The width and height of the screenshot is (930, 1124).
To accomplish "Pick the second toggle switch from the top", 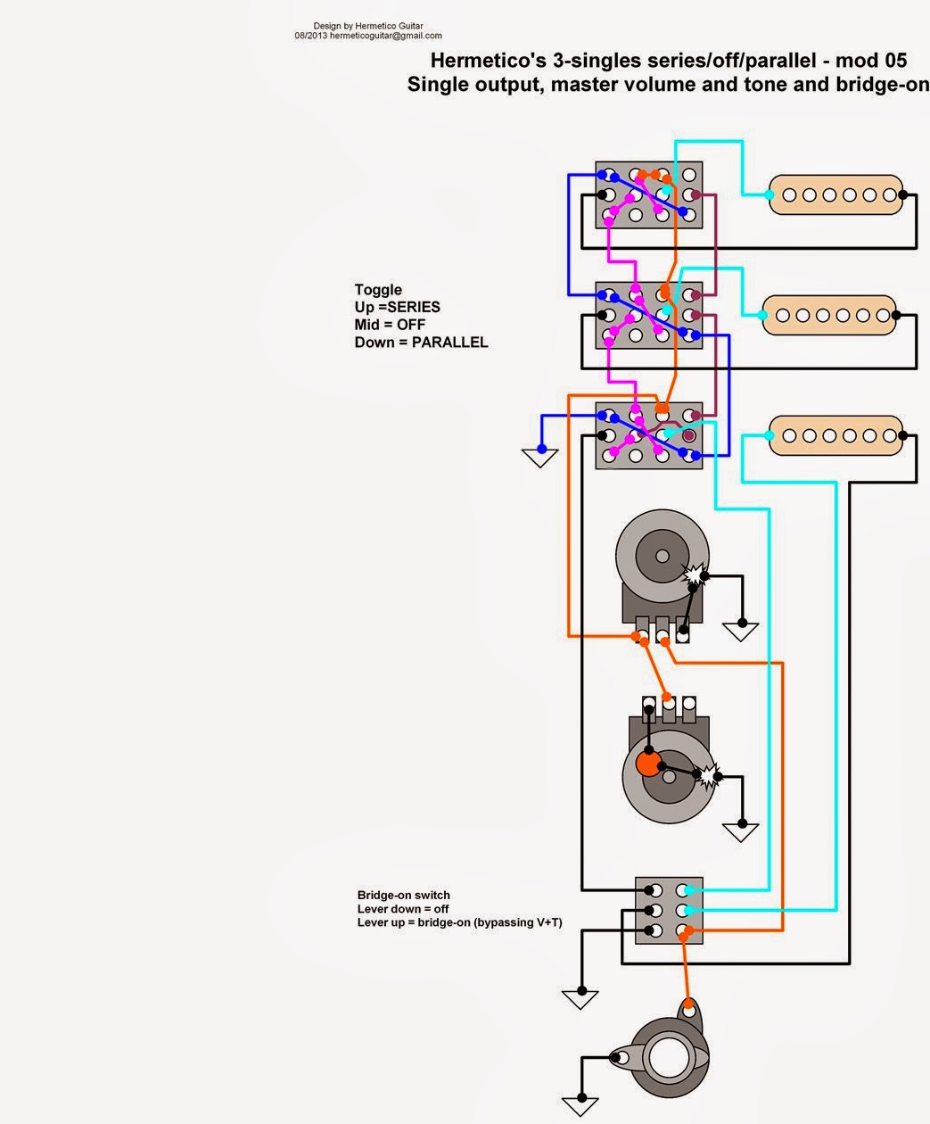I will [x=648, y=315].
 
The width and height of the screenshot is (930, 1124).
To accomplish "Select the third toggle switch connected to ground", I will [x=648, y=435].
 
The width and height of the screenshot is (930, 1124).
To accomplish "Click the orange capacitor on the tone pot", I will [x=647, y=764].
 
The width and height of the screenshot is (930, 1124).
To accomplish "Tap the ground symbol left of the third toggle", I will [x=539, y=457].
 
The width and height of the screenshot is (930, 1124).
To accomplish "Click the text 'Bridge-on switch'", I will [x=403, y=895].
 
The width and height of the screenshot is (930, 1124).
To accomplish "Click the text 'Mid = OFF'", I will [x=390, y=325].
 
